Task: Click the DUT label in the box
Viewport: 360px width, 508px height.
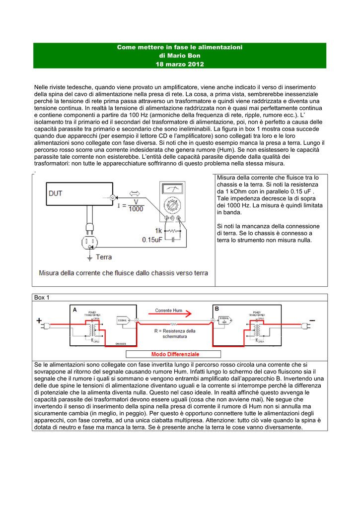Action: [56, 193]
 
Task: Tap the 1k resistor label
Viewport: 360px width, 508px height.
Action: [158, 231]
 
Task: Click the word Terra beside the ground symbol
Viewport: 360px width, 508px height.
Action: [104, 257]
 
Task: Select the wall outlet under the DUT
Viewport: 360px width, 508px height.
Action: [90, 243]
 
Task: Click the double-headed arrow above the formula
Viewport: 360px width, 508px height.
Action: [136, 193]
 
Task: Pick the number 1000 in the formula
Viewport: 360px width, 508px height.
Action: [136, 209]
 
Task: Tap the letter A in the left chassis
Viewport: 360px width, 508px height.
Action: [75, 309]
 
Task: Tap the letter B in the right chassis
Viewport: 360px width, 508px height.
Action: [217, 309]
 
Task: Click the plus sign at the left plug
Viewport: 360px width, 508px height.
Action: [39, 321]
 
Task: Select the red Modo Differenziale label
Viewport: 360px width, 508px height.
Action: [175, 354]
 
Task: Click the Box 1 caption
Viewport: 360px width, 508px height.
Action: [42, 298]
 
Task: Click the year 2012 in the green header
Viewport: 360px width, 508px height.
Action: [195, 64]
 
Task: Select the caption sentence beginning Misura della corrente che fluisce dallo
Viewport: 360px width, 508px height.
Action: [123, 273]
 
